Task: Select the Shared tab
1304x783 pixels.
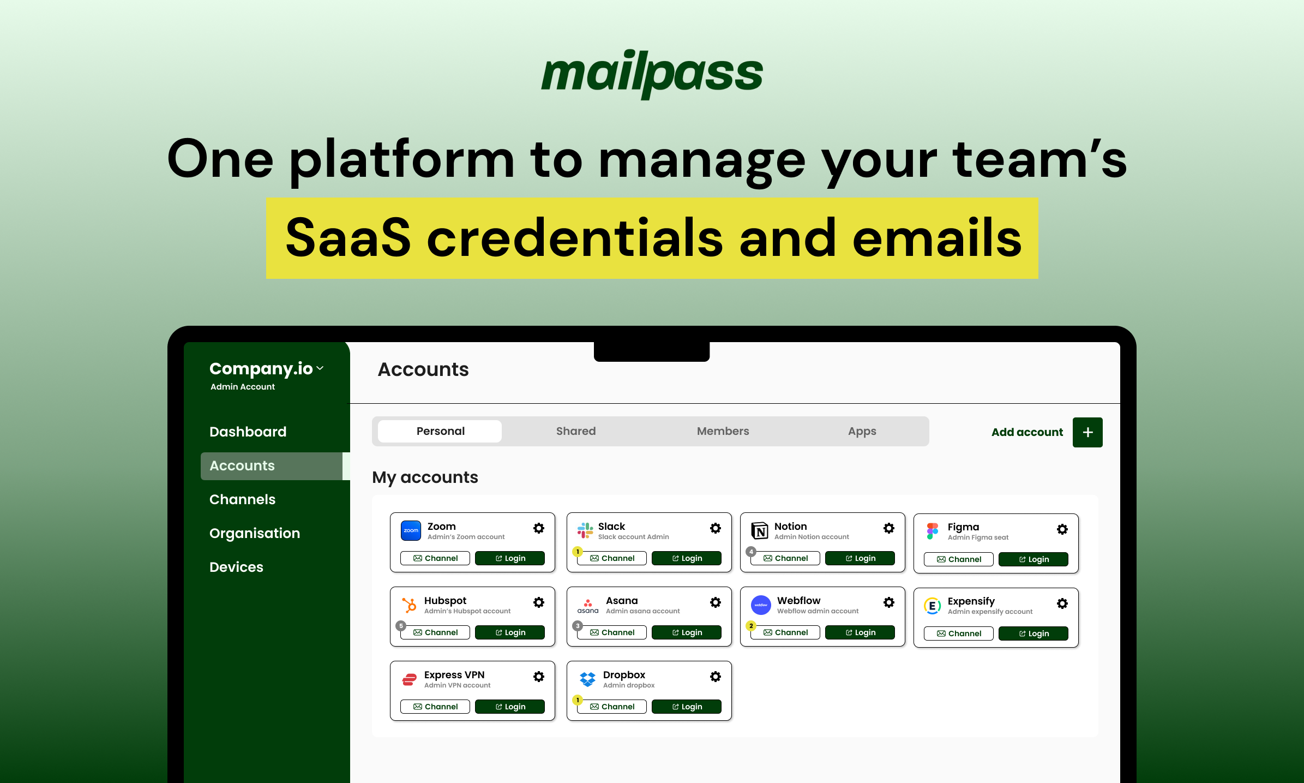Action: click(x=575, y=431)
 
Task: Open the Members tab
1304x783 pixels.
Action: click(x=723, y=431)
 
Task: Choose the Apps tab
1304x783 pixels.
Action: click(x=862, y=431)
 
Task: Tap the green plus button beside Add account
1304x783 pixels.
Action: click(x=1087, y=432)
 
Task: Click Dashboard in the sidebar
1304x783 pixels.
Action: click(x=248, y=432)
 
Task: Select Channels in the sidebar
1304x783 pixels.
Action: click(x=242, y=499)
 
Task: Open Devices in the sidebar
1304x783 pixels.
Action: click(x=236, y=567)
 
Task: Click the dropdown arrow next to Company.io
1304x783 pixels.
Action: click(x=320, y=368)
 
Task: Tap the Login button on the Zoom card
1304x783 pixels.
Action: click(x=509, y=558)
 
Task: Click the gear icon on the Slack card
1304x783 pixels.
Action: click(x=716, y=528)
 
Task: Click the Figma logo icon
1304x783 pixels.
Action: click(x=933, y=530)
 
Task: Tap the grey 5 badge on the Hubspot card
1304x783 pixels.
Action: click(x=401, y=626)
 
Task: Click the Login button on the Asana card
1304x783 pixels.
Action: click(x=686, y=632)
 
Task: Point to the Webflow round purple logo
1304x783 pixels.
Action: click(x=761, y=605)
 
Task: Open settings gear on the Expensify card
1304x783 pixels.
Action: click(x=1062, y=603)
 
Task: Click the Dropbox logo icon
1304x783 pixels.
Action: click(x=587, y=679)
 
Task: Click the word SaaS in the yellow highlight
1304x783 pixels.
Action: click(x=348, y=238)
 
